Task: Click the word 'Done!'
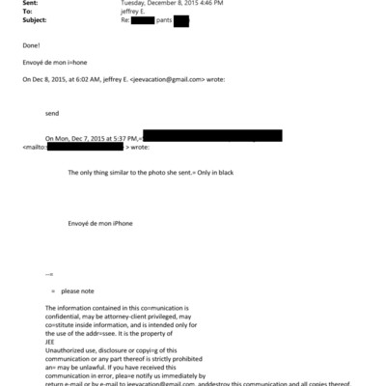tap(31, 44)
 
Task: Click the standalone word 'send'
tap(52, 113)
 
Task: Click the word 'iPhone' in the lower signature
tap(120, 223)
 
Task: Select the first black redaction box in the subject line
tap(142, 19)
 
